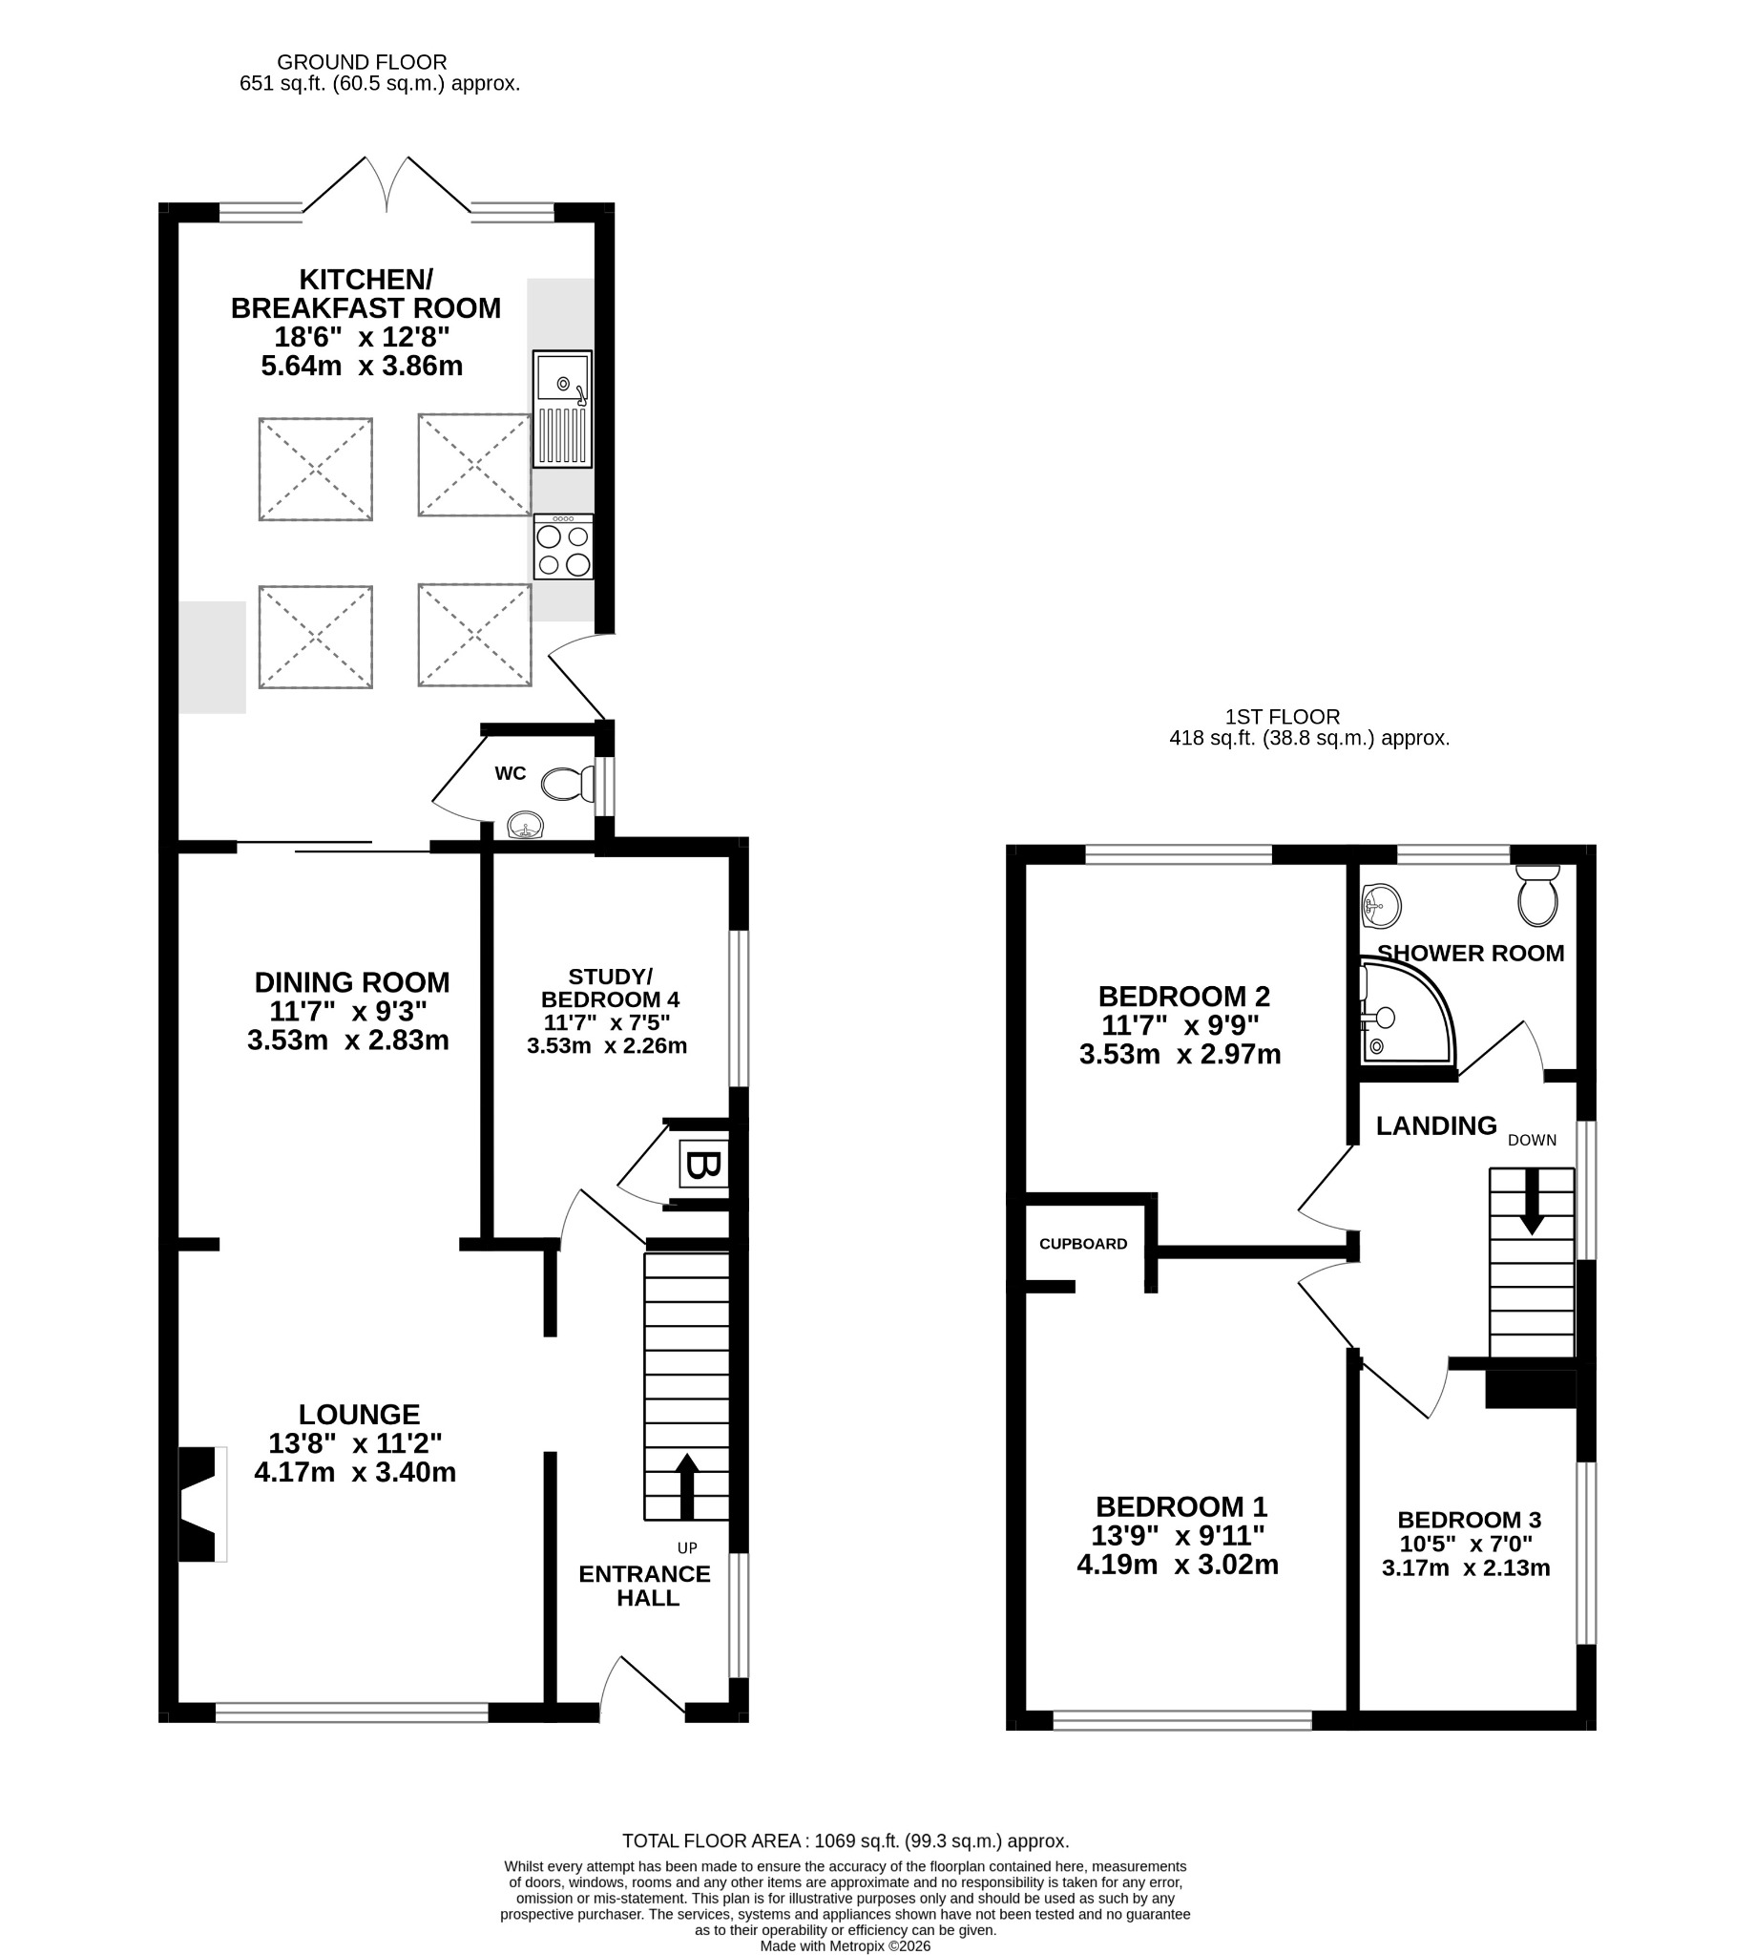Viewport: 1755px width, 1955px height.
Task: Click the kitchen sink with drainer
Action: [x=562, y=409]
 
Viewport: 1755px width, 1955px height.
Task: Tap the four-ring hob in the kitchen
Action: [x=563, y=547]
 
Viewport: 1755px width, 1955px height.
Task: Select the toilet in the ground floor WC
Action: [x=569, y=784]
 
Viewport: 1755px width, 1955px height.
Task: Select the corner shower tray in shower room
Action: [x=1407, y=1012]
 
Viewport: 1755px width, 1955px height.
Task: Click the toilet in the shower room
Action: [x=1537, y=894]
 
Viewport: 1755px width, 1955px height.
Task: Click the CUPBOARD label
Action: [x=1083, y=1244]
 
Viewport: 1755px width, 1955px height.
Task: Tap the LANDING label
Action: [x=1436, y=1125]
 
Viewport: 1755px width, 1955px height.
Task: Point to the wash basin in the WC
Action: [x=525, y=827]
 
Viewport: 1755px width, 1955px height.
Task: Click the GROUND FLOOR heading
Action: [x=362, y=63]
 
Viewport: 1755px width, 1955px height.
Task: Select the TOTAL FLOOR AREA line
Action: [x=846, y=1841]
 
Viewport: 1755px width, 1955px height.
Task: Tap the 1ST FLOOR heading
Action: [x=1283, y=717]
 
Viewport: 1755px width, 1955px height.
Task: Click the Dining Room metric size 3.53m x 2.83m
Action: [x=348, y=1041]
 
